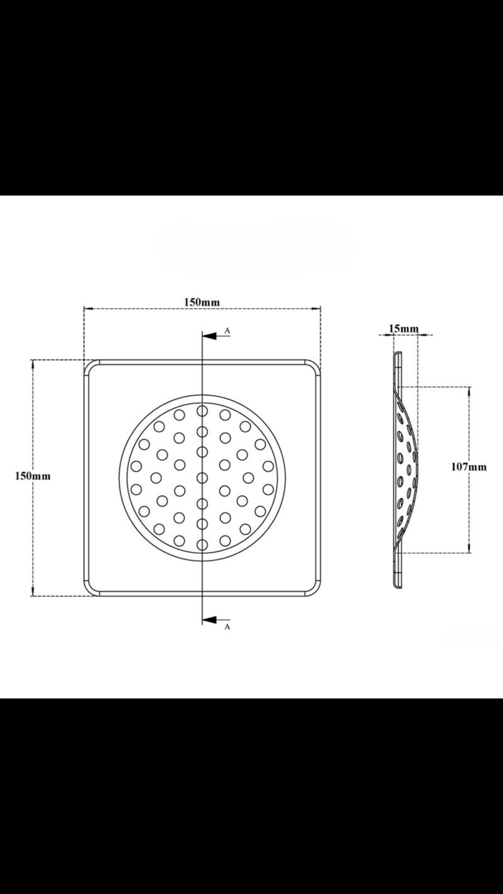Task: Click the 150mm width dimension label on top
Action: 202,302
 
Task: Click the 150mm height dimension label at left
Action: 33,476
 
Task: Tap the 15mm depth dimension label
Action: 404,329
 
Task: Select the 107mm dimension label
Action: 469,467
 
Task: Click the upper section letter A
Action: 227,330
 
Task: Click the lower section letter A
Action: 227,627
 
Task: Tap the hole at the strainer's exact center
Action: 202,478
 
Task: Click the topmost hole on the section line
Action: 202,411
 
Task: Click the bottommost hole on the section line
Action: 202,544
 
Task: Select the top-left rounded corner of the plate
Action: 89,366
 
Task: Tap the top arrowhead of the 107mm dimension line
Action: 469,390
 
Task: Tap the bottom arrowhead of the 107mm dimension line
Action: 469,549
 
